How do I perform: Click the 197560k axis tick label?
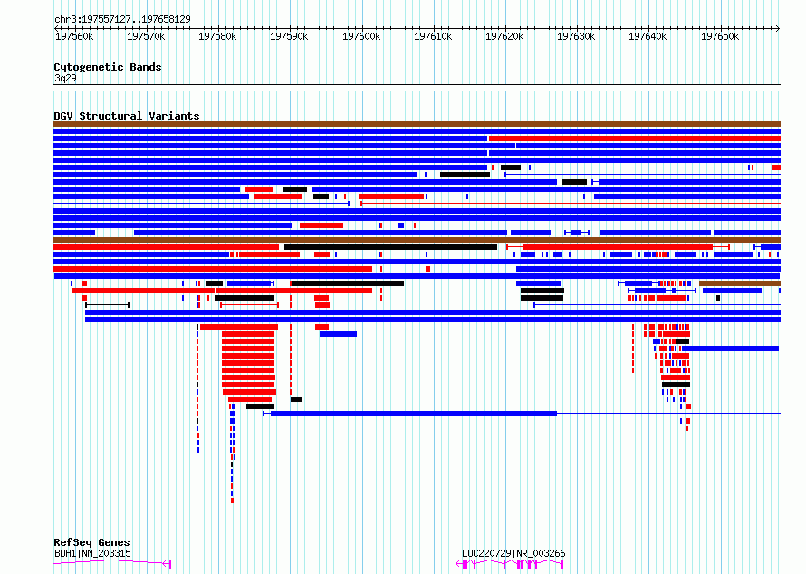(x=74, y=36)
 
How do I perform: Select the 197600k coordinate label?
(x=361, y=36)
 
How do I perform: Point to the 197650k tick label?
(x=720, y=36)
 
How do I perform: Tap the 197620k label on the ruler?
(x=504, y=36)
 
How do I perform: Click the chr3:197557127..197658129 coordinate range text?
(x=122, y=20)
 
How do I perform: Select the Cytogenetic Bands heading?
(x=108, y=67)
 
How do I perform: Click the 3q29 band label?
(x=65, y=78)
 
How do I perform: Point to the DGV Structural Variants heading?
(x=127, y=116)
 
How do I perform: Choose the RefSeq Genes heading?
(x=91, y=542)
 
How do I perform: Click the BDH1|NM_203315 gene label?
(x=92, y=553)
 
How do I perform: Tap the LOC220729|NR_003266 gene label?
(x=513, y=553)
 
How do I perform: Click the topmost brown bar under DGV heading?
(x=417, y=124)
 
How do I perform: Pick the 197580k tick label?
(x=217, y=36)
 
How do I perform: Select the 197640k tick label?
(x=648, y=36)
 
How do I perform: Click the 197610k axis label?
(x=433, y=36)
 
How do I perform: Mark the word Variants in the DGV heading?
(x=174, y=116)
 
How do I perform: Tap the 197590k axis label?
(x=289, y=36)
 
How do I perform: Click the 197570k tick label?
(x=146, y=36)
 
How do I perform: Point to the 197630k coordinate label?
(x=576, y=36)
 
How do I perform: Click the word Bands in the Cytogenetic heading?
(x=146, y=67)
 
